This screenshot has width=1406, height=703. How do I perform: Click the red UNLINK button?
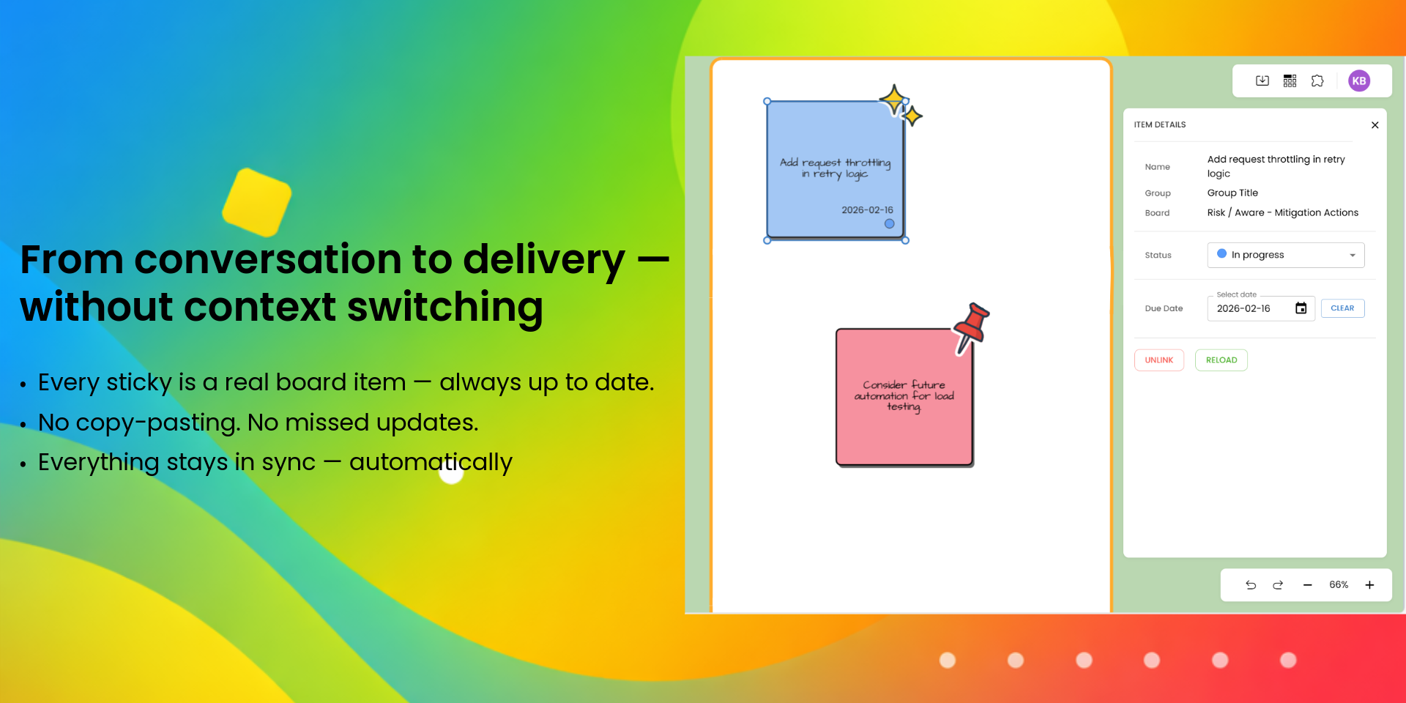[1158, 360]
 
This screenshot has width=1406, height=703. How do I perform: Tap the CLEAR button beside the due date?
[1342, 308]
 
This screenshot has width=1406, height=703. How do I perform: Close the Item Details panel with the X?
[1375, 125]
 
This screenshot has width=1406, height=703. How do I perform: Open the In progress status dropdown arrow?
[1352, 256]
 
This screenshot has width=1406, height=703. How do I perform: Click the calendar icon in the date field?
[1301, 308]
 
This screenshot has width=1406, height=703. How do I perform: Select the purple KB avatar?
[1359, 81]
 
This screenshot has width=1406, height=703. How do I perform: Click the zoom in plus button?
[1369, 585]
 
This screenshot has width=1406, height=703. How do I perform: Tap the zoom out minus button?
[1307, 585]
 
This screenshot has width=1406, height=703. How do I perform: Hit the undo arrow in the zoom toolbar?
[1251, 585]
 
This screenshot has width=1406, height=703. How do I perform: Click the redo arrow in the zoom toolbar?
[1278, 585]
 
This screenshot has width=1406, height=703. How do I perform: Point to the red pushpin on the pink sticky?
[972, 328]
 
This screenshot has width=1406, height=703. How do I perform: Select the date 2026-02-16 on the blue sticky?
[867, 210]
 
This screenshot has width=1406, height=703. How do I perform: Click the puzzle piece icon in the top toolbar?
[1317, 81]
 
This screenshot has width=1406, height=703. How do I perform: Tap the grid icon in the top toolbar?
[1290, 81]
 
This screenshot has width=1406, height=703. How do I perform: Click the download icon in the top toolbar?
[1262, 81]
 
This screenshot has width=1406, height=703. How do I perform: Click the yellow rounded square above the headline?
[257, 202]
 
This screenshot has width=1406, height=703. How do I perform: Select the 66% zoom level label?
[1339, 585]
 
